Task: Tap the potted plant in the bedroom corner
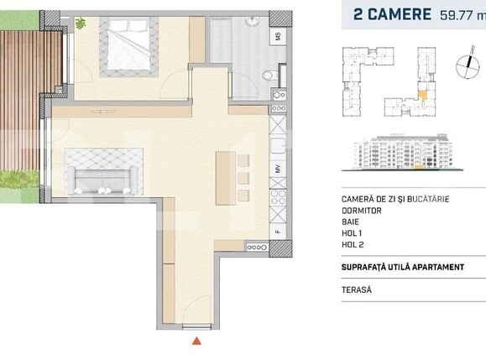click(x=80, y=23)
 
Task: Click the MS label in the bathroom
click(x=278, y=37)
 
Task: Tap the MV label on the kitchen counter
click(x=278, y=170)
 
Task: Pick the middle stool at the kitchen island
click(x=243, y=178)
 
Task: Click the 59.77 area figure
click(x=459, y=14)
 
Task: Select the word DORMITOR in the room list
click(x=363, y=211)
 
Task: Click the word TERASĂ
click(x=358, y=290)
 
